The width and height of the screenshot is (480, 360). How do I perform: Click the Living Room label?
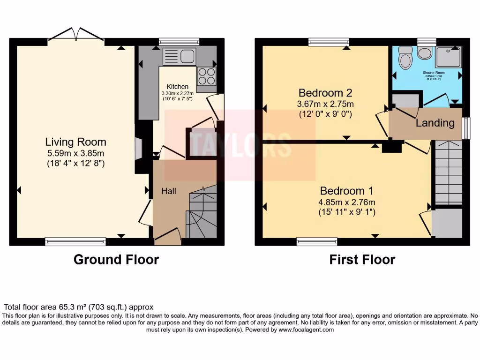tap(75, 142)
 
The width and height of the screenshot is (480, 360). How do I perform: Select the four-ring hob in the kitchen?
tap(207, 76)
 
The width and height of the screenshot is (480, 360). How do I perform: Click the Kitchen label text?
tap(178, 87)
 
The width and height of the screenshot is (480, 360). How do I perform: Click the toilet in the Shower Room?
tap(404, 59)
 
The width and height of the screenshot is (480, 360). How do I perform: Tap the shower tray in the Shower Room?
tap(447, 57)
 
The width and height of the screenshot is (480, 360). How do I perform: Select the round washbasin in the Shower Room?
tap(425, 52)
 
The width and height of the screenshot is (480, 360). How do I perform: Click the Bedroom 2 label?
tap(325, 92)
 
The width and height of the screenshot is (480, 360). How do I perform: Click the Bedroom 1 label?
tap(346, 191)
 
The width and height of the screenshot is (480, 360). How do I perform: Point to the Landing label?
tap(435, 123)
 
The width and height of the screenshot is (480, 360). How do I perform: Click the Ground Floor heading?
tap(116, 259)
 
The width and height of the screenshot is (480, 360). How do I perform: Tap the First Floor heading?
tap(362, 259)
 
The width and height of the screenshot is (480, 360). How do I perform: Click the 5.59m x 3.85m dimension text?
tap(75, 153)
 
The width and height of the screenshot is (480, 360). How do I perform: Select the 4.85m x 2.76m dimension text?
tap(347, 202)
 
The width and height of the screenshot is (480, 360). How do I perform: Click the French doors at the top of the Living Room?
tap(75, 35)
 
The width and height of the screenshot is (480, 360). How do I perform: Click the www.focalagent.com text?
tap(307, 330)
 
